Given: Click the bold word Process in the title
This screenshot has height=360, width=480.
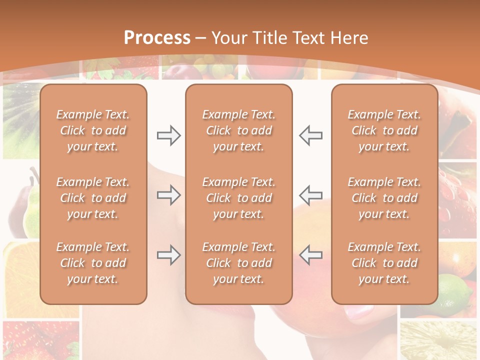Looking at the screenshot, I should click(x=157, y=38).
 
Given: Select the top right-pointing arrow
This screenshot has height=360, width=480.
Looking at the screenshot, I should click(x=168, y=135).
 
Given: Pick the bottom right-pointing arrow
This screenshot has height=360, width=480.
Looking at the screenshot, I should click(x=168, y=255).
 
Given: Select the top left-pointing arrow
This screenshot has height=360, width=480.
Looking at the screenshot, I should click(x=310, y=135).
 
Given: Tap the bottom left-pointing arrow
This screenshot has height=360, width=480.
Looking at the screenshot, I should click(x=310, y=255).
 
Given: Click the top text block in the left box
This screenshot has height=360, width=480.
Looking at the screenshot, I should click(x=93, y=130).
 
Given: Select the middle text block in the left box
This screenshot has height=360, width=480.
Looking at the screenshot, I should click(x=93, y=198).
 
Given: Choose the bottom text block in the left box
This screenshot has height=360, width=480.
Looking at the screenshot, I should click(x=93, y=263).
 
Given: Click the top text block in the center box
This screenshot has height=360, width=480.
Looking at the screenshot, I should click(x=239, y=130).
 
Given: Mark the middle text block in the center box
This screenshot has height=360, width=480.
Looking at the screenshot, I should click(x=239, y=198).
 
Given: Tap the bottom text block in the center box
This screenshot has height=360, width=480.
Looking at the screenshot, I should click(x=239, y=263).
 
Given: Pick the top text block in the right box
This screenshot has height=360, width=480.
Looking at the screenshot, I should click(x=384, y=130).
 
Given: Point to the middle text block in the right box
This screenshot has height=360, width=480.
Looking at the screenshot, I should click(x=384, y=198).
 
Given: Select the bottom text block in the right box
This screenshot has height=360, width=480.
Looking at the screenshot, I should click(x=384, y=263).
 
